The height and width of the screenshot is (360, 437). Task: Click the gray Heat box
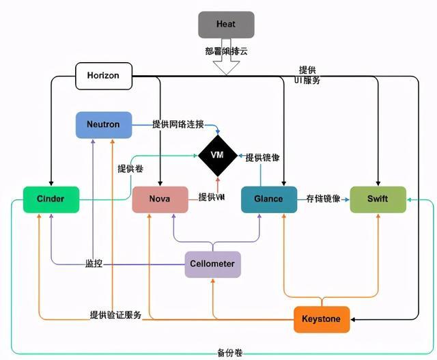225,25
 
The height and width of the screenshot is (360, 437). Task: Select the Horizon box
102,75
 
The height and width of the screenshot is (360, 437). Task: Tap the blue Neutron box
103,124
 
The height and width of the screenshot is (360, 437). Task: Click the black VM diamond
218,155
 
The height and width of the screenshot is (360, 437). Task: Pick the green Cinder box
51,199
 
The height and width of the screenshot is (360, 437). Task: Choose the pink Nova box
160,199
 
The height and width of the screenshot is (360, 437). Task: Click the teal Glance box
268,199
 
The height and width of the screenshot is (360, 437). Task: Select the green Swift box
378,199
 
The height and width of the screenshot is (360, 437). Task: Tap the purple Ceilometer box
213,264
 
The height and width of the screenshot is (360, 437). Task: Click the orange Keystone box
322,319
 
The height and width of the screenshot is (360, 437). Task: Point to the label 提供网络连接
178,124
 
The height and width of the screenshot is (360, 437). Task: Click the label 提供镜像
263,157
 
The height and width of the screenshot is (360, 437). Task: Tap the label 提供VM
212,197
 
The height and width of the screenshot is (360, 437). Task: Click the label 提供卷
130,168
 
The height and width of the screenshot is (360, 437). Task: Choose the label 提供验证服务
115,315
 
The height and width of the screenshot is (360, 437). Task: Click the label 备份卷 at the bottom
230,353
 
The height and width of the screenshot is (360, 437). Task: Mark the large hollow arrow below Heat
225,62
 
